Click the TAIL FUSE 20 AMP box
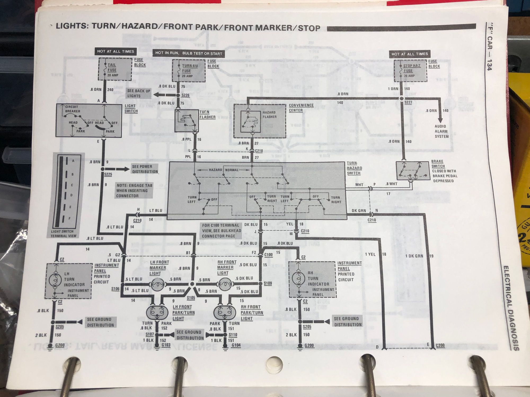[x=115, y=69]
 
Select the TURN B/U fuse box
[x=188, y=71]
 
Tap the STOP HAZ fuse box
[x=410, y=71]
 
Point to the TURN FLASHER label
[x=207, y=115]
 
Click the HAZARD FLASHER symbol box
[x=250, y=121]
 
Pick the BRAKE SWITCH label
[x=438, y=164]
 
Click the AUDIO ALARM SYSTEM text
[x=441, y=131]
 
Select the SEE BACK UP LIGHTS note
[x=138, y=93]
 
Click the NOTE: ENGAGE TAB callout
[x=134, y=191]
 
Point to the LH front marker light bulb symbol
[x=158, y=285]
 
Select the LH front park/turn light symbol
[x=157, y=312]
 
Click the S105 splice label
[x=191, y=298]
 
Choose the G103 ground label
[x=166, y=345]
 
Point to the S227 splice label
[x=408, y=102]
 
